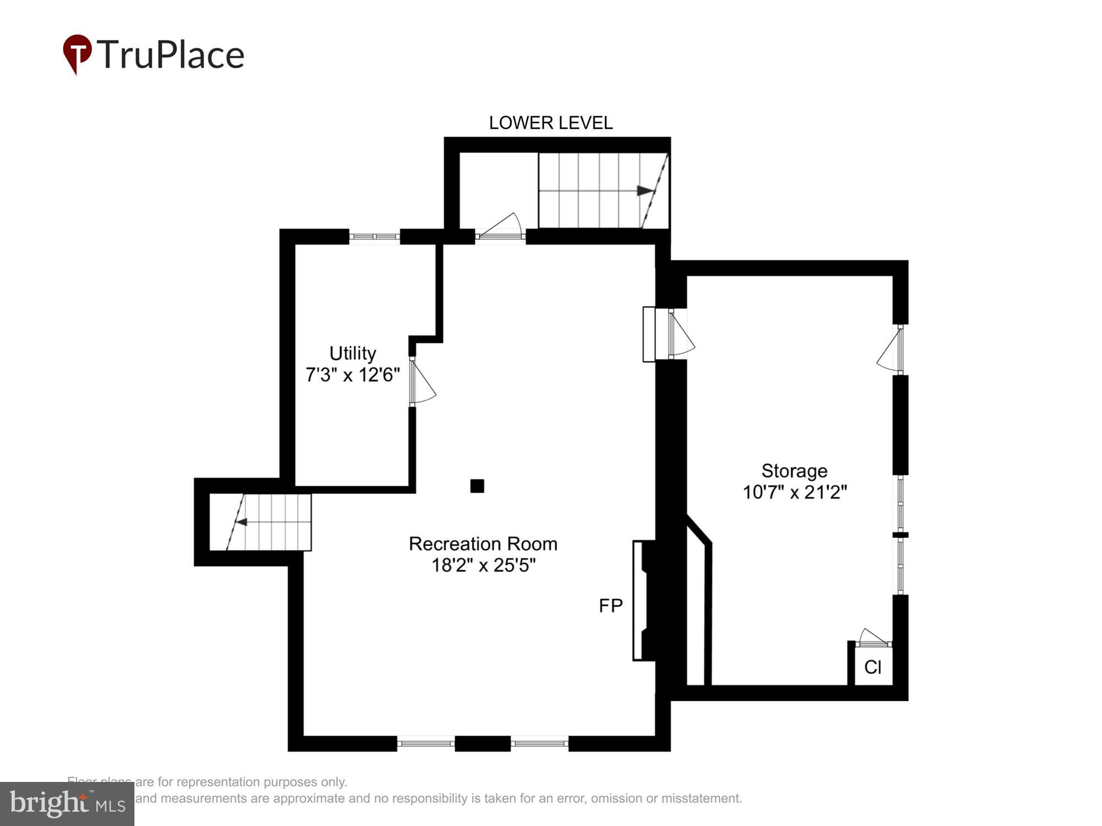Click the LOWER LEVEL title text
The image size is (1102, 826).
point(550,123)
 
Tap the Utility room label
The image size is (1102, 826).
point(353,353)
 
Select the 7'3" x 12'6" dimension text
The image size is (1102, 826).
point(353,375)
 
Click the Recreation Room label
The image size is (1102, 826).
point(483,544)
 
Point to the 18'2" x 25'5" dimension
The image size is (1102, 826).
point(483,566)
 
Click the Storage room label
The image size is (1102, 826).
point(794,471)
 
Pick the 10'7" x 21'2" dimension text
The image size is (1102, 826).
point(794,492)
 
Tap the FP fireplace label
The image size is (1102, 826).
point(611,606)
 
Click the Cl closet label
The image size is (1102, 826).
point(873,667)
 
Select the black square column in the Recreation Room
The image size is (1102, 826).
point(477,486)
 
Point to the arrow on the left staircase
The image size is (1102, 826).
point(241,521)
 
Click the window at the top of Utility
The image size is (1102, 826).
point(375,237)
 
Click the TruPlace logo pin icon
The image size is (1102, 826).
point(77,53)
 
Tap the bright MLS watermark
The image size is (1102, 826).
point(67,804)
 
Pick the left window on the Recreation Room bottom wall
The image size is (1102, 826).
point(425,743)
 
